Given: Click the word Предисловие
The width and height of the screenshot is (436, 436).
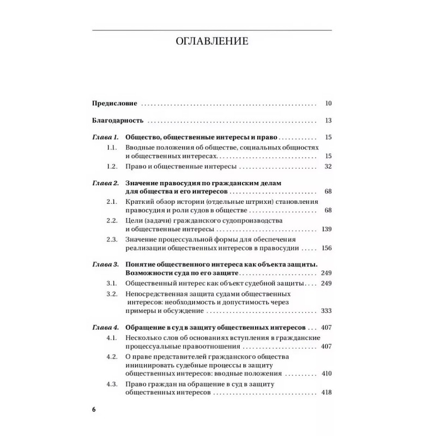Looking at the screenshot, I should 114,102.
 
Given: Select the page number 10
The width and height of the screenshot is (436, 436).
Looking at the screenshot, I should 328,102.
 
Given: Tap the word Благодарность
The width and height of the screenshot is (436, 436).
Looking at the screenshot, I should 117,120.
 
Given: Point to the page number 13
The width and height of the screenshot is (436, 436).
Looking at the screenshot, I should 328,120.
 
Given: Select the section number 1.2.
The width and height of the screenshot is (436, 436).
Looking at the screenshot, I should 112,166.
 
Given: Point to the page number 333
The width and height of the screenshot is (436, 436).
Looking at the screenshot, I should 326,311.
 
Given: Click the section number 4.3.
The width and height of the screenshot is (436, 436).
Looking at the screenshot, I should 112,384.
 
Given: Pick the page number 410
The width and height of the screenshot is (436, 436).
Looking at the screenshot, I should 326,374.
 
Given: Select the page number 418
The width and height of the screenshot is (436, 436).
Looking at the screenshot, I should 326,393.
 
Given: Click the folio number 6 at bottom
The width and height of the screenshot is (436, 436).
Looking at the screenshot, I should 93,409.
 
